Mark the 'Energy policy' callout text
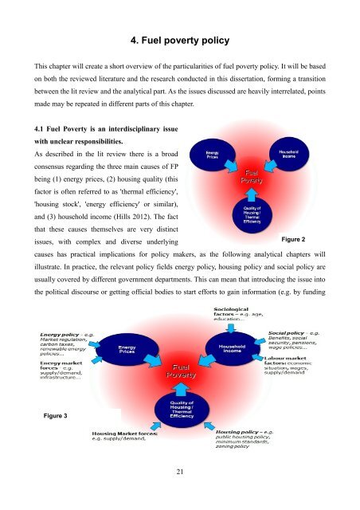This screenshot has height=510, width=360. point(65,342)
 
